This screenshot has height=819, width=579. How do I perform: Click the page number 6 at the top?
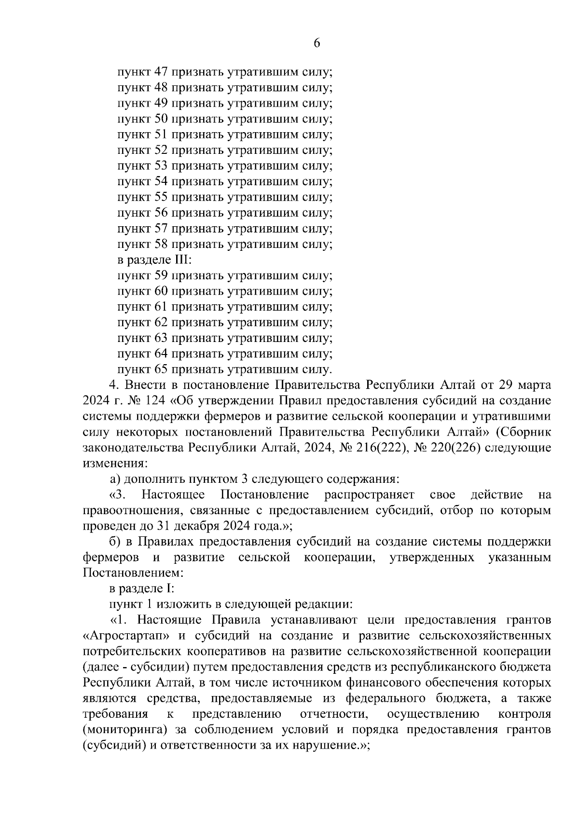coord(317,43)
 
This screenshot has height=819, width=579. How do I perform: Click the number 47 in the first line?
coord(161,72)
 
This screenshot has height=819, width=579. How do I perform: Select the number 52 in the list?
coord(161,150)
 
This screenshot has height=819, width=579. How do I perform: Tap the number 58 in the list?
coord(161,244)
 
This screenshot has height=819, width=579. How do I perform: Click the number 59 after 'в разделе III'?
coord(161,275)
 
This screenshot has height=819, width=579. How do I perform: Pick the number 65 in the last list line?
coord(161,369)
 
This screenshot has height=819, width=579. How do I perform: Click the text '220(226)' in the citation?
coord(454,448)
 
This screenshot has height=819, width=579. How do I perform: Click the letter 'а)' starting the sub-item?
coord(115,479)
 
